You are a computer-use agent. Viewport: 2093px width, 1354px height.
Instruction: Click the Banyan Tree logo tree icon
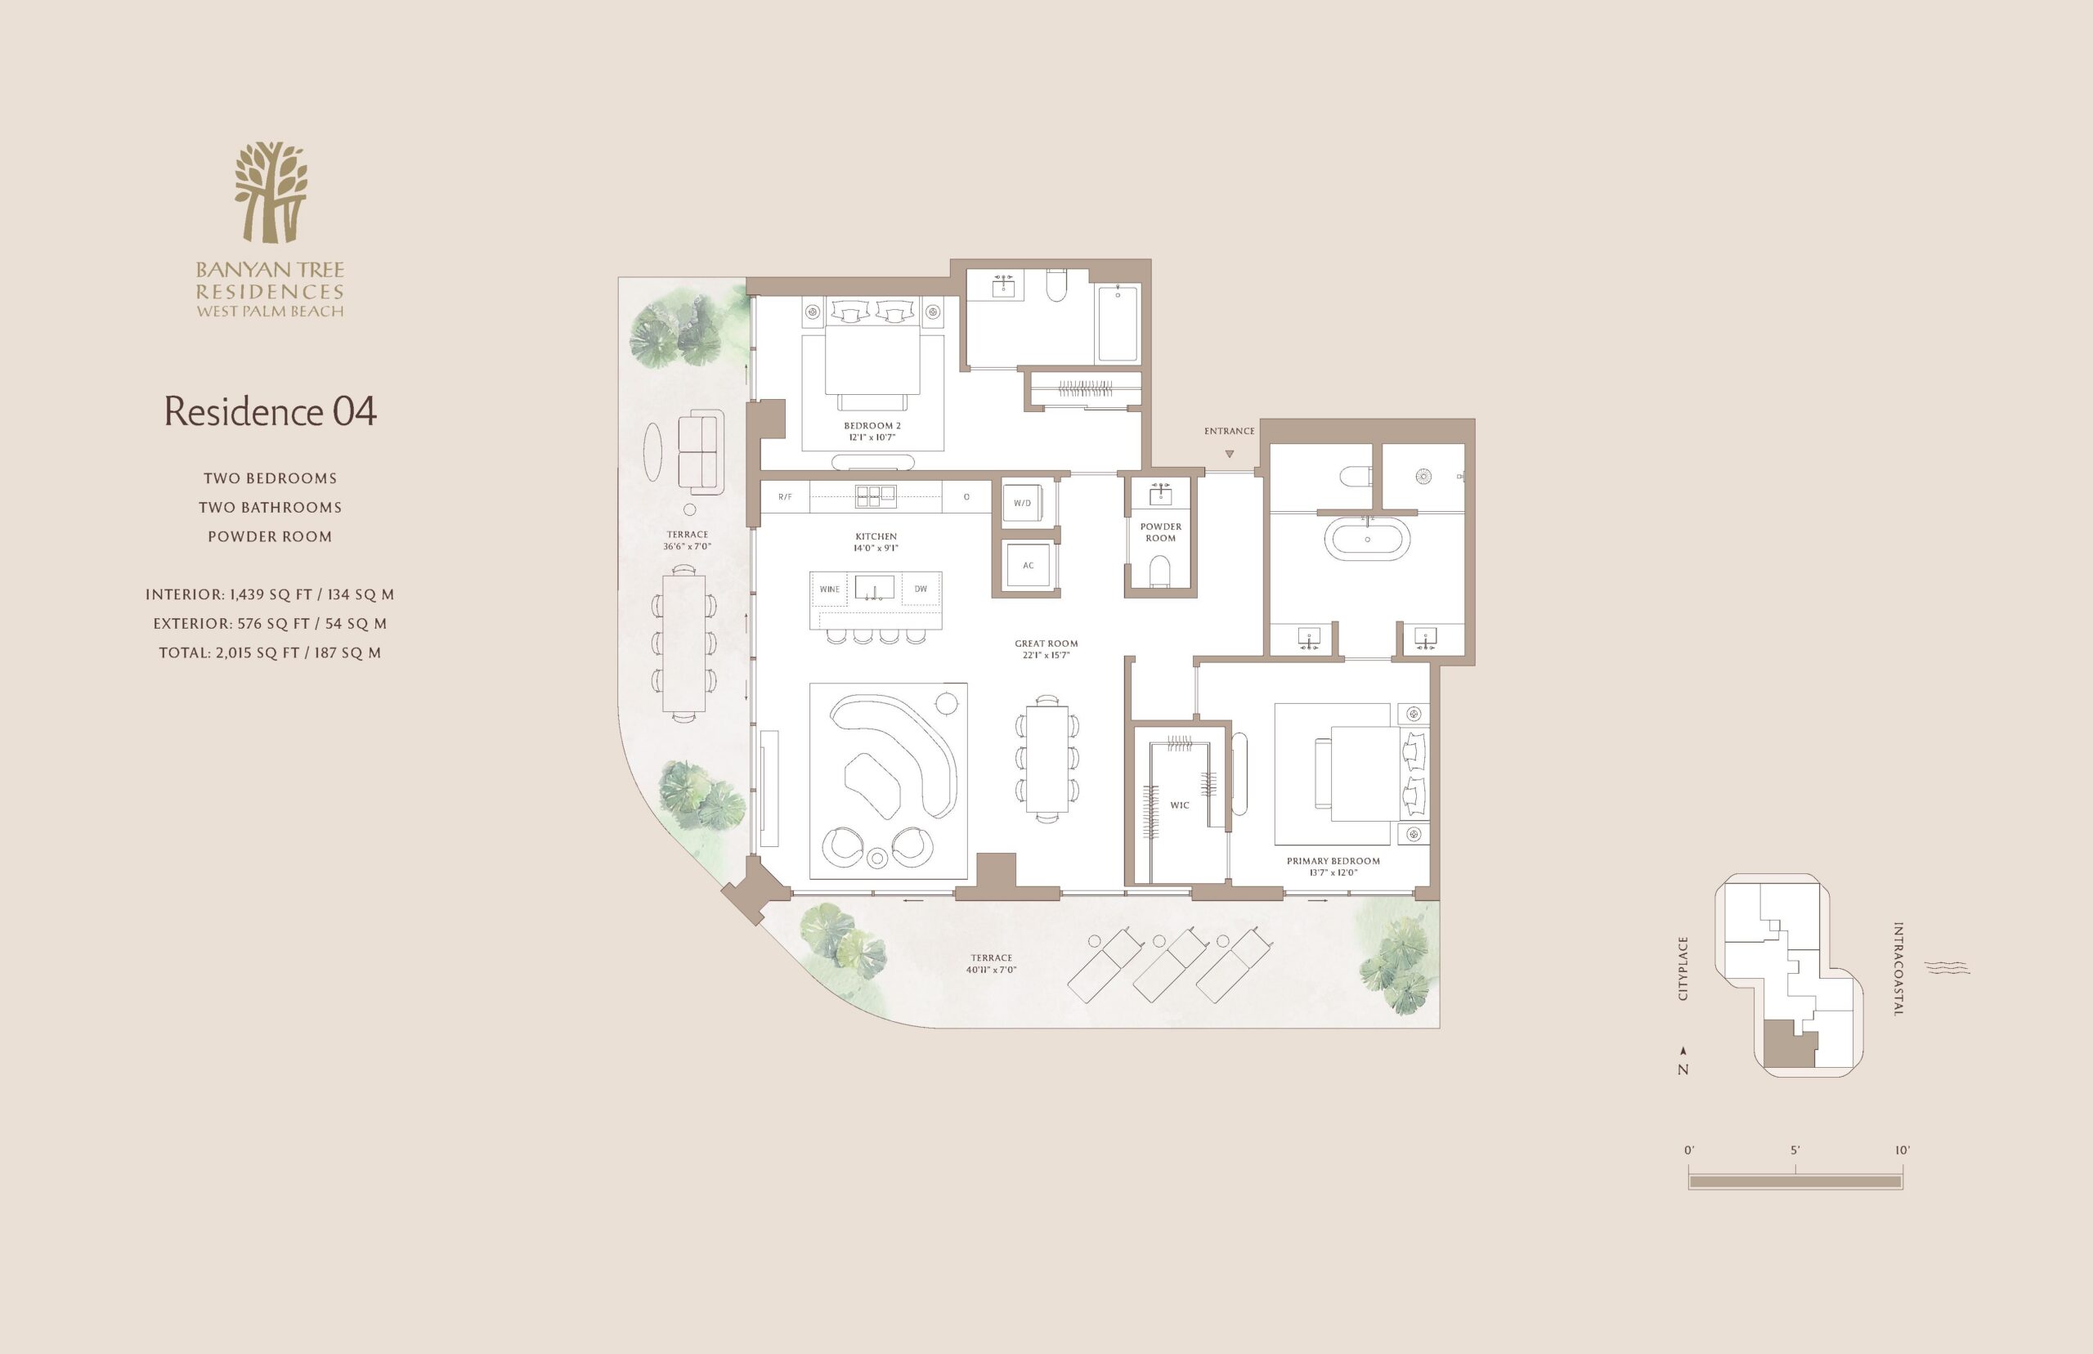click(271, 192)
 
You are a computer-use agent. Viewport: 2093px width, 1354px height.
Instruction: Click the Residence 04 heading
click(271, 411)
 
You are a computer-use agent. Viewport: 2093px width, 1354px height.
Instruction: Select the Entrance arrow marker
click(1230, 454)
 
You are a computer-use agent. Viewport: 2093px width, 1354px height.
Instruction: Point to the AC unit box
click(1029, 565)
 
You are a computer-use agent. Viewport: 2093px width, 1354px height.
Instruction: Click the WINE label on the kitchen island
click(830, 589)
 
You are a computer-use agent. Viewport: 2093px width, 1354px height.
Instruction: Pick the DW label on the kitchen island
click(921, 589)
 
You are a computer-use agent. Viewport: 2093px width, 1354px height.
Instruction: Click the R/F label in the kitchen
click(785, 497)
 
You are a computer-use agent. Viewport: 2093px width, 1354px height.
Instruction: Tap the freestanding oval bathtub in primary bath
click(1367, 539)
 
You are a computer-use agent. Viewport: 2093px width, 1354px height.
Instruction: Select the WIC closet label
click(1180, 805)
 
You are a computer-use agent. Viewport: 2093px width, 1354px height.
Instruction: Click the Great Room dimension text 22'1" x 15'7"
click(1046, 655)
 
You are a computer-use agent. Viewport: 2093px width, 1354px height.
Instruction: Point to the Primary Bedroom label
click(1333, 861)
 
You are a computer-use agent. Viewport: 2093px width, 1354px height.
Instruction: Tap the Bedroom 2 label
click(872, 425)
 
